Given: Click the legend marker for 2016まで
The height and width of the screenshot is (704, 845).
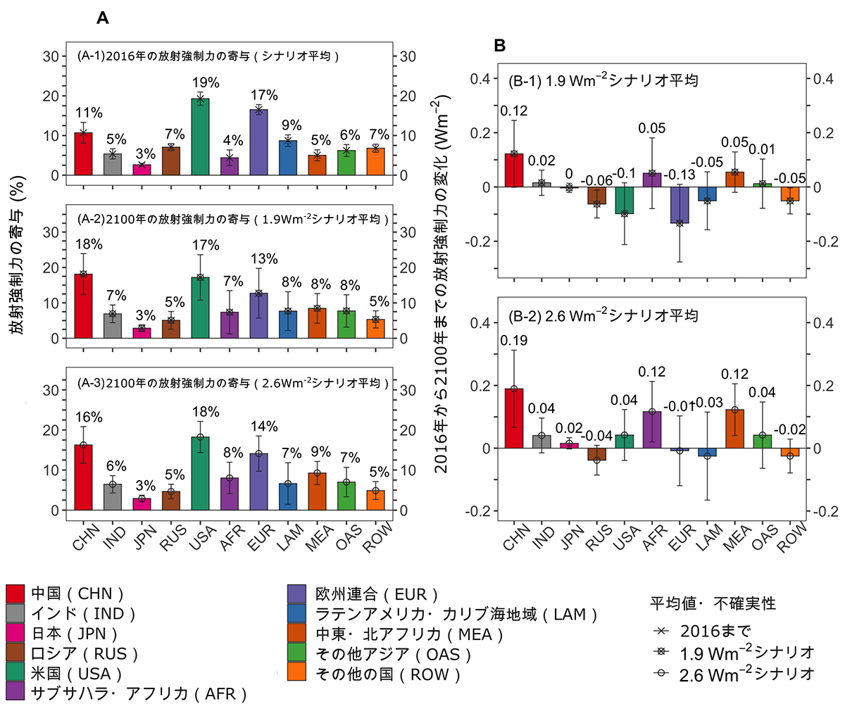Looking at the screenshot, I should click(x=660, y=628).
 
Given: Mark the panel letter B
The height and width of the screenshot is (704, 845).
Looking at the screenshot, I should click(x=500, y=46).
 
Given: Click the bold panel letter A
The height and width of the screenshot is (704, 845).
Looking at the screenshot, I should click(x=102, y=19).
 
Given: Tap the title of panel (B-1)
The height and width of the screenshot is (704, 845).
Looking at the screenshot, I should click(x=603, y=80).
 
